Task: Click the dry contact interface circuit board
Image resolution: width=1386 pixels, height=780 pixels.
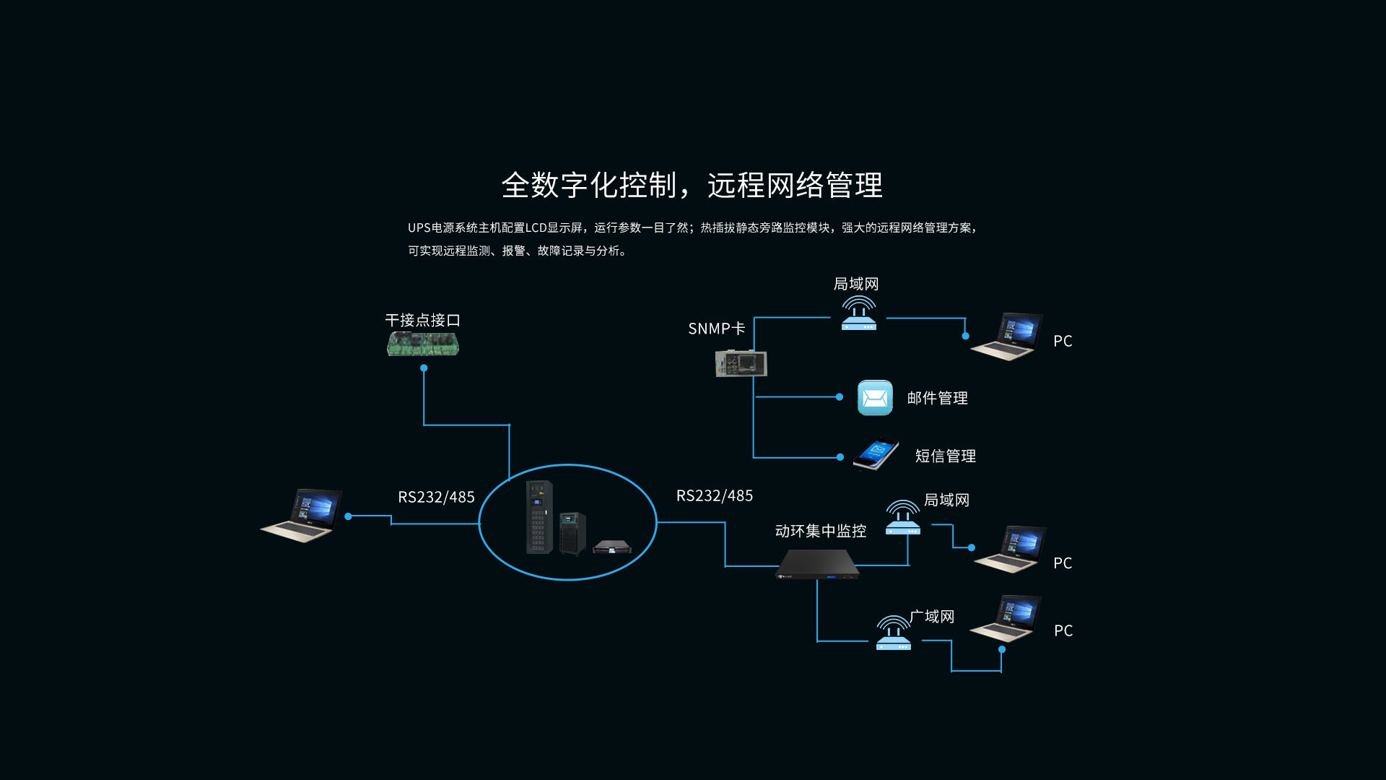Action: click(x=423, y=344)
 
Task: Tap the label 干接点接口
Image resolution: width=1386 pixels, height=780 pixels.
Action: click(x=423, y=320)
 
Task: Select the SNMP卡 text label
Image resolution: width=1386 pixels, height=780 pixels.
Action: click(x=716, y=329)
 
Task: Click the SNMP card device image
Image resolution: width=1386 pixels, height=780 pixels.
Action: click(x=741, y=363)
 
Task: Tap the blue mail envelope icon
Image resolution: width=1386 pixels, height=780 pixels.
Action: click(x=875, y=398)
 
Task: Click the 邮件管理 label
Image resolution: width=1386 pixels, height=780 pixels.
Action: click(x=937, y=398)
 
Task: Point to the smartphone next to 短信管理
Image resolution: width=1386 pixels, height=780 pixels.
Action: click(x=876, y=454)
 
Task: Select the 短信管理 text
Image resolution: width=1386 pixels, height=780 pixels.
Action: click(x=945, y=456)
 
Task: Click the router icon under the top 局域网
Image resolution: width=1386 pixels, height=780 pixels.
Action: click(x=859, y=313)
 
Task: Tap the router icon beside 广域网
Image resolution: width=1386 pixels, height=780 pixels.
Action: click(x=894, y=633)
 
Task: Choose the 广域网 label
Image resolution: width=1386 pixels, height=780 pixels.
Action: click(x=932, y=616)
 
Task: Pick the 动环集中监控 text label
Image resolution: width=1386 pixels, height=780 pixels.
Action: click(x=820, y=531)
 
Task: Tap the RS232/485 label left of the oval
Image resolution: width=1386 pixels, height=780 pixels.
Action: click(x=436, y=497)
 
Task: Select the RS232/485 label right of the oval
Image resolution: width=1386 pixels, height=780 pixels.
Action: click(x=714, y=495)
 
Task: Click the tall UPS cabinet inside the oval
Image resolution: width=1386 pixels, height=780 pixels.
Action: click(x=539, y=516)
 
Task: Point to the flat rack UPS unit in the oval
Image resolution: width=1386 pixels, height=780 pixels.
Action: click(x=612, y=547)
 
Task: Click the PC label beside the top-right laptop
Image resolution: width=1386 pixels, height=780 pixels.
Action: click(x=1063, y=341)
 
